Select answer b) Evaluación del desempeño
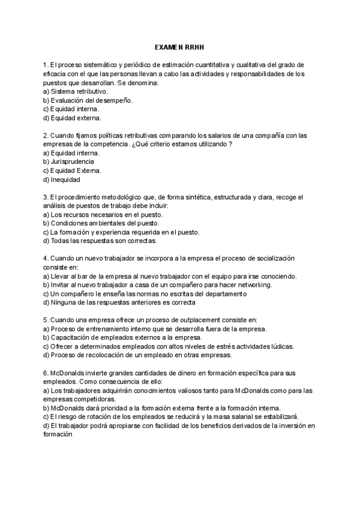pos(89,100)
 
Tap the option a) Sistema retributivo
pos(76,91)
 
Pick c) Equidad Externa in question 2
pos(72,170)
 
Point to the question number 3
pos(46,197)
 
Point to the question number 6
pos(46,373)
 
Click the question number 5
pos(46,320)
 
